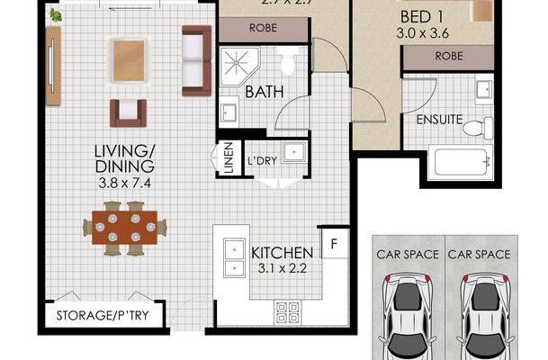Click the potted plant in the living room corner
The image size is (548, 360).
pos(55,14)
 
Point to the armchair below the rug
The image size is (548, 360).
pos(127,112)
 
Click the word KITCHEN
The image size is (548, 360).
pos(282,252)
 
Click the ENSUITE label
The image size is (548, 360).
pos(438,118)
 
